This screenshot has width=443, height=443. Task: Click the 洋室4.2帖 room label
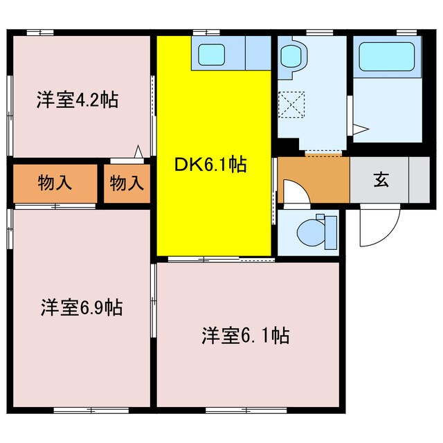pos(77,100)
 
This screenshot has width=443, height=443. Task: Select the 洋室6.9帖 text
pos(81,307)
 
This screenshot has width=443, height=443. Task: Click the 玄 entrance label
pos(381,180)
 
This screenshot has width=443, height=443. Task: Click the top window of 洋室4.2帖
pos(40,31)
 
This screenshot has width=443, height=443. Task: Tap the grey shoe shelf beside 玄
pos(419,180)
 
